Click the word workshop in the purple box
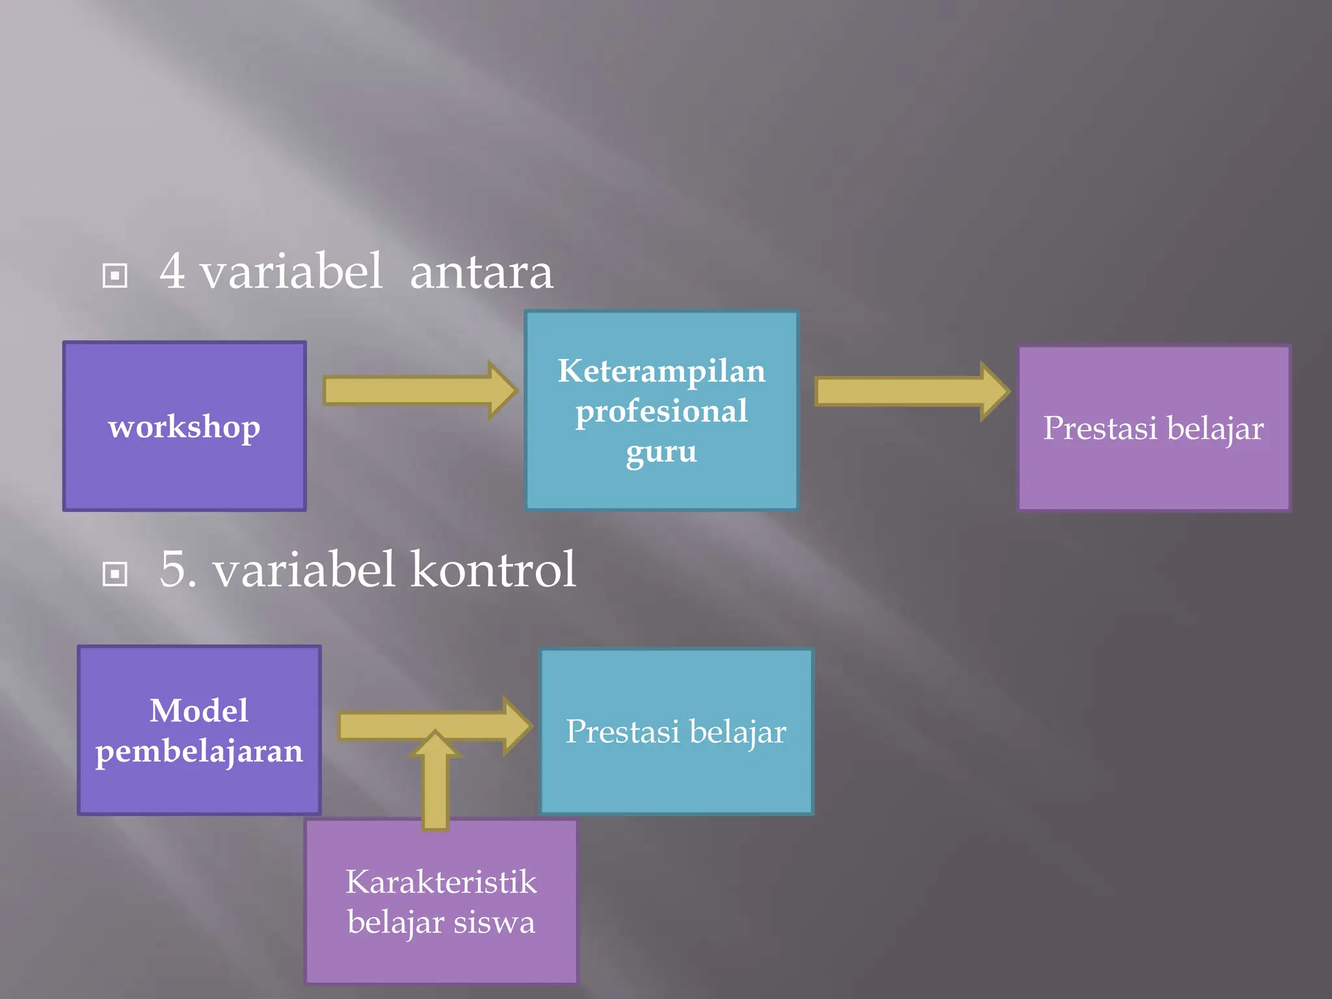[184, 427]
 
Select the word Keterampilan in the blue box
[661, 371]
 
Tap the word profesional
[661, 412]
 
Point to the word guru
[661, 451]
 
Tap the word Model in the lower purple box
[199, 710]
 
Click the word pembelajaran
[199, 752]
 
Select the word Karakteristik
[441, 883]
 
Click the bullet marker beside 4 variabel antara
[115, 275]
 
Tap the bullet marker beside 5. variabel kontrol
[115, 574]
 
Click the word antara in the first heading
[481, 273]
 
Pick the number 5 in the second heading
[174, 569]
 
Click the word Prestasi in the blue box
[622, 732]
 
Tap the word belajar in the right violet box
[1215, 429]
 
